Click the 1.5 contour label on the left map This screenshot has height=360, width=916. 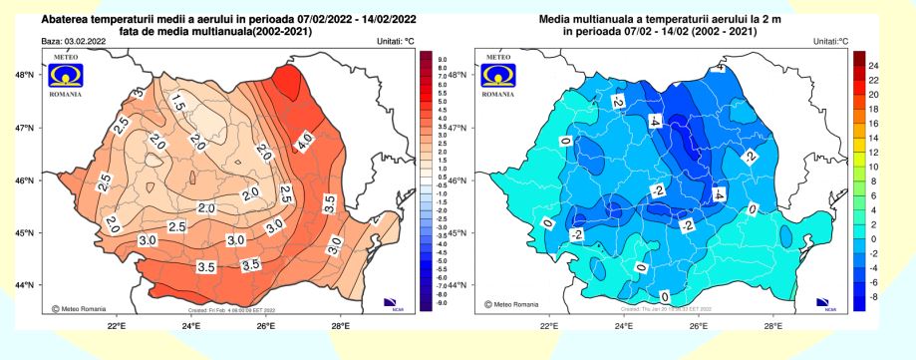178,102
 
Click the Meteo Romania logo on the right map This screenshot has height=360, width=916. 498,78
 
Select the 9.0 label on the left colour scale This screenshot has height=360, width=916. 444,60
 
